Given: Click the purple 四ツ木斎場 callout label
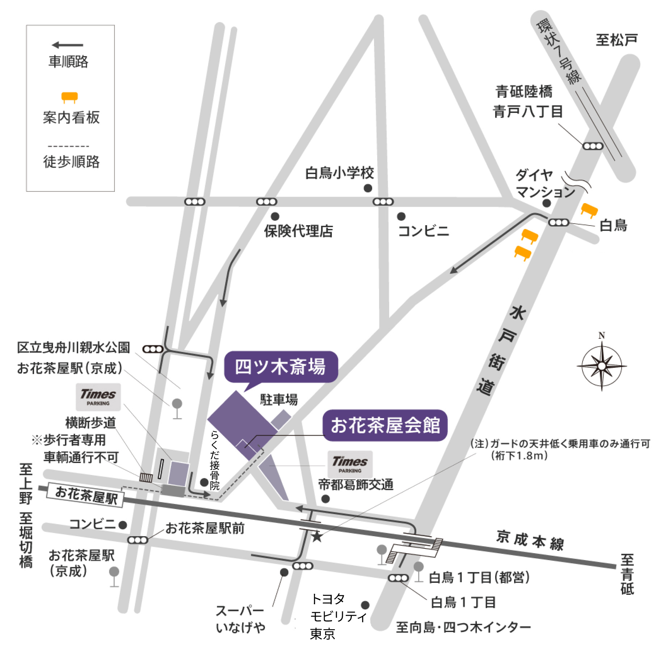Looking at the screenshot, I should [281, 367].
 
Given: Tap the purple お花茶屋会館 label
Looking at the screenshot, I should [385, 425].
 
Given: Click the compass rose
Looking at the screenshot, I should [601, 366].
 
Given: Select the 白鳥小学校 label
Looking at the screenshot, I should [339, 173].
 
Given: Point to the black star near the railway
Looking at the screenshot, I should [317, 537].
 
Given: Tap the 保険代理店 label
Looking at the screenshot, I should [298, 231].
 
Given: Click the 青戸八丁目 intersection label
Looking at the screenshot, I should [528, 111].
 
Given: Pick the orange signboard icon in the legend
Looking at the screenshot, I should [70, 97].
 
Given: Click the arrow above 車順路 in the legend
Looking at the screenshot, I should [68, 45].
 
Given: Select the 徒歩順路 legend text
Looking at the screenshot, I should [71, 161].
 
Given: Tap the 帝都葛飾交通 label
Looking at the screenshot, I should [356, 484].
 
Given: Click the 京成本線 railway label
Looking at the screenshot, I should [530, 541].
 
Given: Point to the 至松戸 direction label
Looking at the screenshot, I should [617, 40].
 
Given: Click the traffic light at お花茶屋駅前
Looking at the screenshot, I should [138, 540].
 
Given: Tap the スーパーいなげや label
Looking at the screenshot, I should [240, 619].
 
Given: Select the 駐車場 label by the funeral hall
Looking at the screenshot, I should [279, 400].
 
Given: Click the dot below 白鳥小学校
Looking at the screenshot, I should [368, 188].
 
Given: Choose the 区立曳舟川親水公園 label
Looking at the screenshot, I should [73, 348].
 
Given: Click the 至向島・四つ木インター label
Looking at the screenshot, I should [463, 627].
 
